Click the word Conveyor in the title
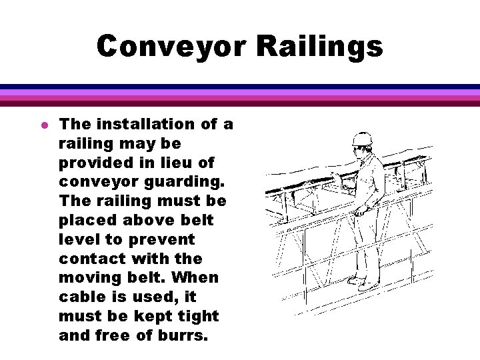[172, 47]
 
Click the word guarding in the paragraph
[187, 182]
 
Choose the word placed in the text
[85, 220]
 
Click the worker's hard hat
[361, 138]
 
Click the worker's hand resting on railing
[360, 212]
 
